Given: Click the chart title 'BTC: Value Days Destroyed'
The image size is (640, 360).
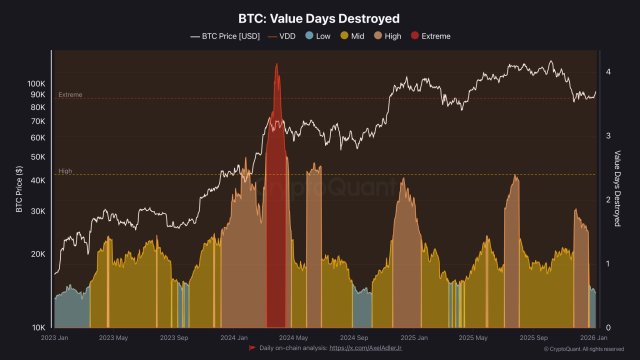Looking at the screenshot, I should coord(319,18).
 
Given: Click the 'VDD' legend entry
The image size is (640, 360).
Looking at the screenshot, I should coord(284,36).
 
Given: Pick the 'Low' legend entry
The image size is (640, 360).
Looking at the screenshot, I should coord(317,36).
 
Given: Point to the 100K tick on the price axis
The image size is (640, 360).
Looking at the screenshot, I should coord(36,84).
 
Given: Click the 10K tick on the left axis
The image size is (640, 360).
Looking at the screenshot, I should coord(38,328).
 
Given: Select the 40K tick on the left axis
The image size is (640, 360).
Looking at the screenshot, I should coord(38,181).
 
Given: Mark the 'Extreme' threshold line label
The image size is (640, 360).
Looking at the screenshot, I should coord(70,95).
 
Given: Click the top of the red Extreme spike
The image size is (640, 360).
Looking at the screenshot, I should coord(275,66).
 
